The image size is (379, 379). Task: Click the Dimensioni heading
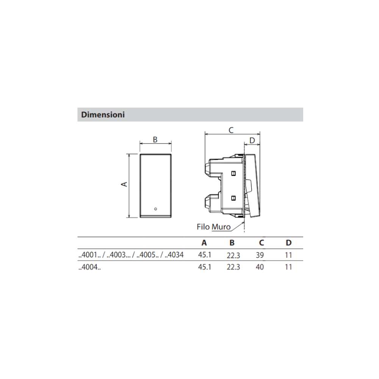(103, 114)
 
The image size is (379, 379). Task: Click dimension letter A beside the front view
(124, 184)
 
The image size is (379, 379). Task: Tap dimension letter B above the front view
(155, 139)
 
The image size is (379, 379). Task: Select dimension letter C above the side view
(231, 130)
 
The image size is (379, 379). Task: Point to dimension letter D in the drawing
(252, 141)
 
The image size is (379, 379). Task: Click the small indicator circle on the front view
(155, 208)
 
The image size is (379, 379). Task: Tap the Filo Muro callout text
(214, 227)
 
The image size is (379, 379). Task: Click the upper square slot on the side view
(233, 173)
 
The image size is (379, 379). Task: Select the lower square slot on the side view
(233, 198)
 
